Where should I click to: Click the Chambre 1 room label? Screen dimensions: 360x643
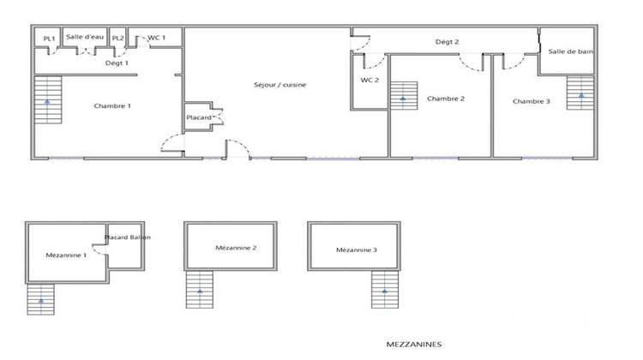[x=112, y=106]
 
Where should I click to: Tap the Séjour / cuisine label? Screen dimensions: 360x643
[x=280, y=85]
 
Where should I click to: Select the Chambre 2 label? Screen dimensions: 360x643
[x=446, y=99]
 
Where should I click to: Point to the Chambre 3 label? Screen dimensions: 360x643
[x=532, y=101]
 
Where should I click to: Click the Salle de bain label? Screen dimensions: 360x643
[x=571, y=51]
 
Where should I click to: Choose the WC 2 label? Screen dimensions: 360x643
[x=370, y=81]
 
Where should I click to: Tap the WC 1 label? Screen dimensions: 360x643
[x=157, y=38]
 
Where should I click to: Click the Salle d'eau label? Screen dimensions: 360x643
[x=85, y=38]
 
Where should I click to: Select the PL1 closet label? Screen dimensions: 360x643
[x=49, y=39]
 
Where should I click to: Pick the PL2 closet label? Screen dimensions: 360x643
[x=118, y=39]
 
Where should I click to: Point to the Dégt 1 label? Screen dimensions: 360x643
[x=117, y=63]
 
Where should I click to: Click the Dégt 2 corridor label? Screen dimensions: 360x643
[x=447, y=41]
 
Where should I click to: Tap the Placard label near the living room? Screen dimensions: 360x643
[x=199, y=117]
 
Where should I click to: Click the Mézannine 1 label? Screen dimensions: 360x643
[x=66, y=255]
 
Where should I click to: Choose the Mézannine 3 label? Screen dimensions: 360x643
[x=356, y=250]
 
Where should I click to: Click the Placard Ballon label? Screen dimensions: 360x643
[x=128, y=237]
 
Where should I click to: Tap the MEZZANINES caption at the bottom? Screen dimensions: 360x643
[x=413, y=345]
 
